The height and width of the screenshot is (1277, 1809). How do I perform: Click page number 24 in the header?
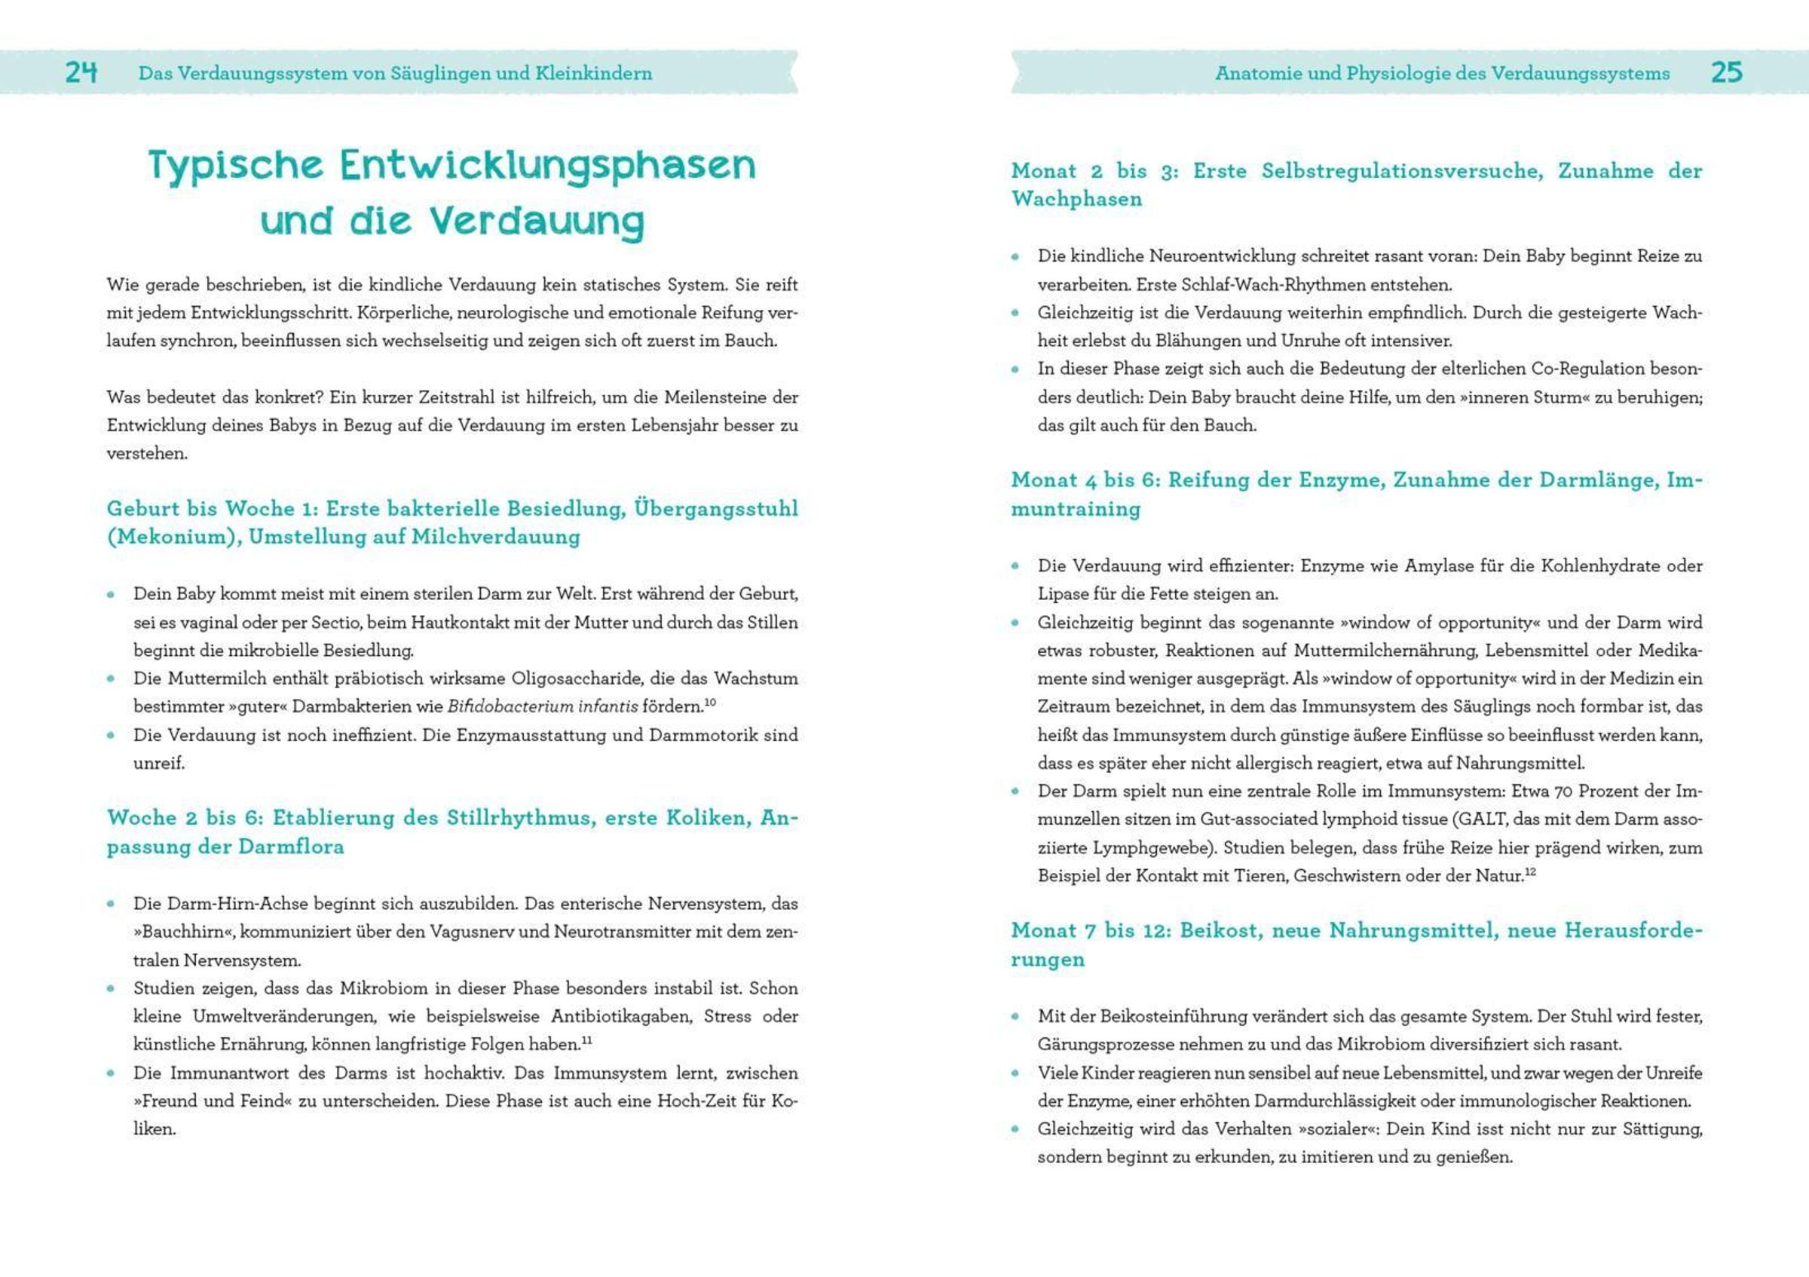[81, 72]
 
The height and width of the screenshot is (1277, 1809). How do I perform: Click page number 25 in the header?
[1726, 72]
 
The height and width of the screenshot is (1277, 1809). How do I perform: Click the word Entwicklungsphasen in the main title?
[547, 165]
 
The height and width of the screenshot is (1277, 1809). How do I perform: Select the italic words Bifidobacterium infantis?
[543, 706]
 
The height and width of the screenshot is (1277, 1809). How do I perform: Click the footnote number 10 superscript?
[710, 702]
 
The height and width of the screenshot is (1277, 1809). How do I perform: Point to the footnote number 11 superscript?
[586, 1040]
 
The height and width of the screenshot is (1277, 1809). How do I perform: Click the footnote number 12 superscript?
[1530, 871]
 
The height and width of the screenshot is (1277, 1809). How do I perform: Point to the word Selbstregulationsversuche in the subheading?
[1402, 171]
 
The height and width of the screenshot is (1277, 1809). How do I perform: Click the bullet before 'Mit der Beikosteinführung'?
[1015, 1016]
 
